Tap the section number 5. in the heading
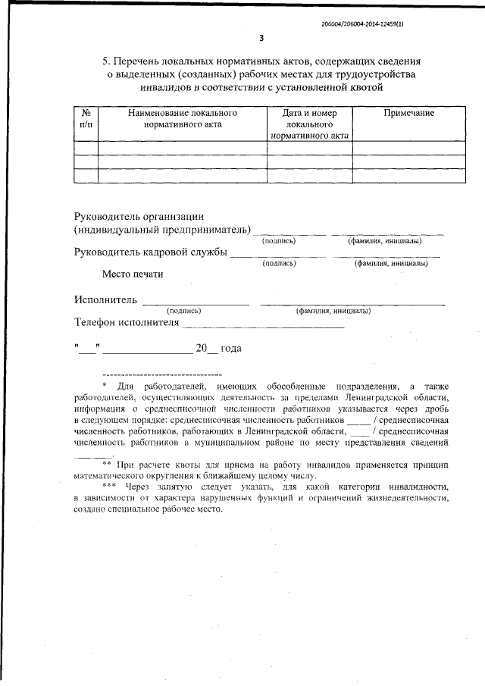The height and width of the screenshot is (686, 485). coord(107,60)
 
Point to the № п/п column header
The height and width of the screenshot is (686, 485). coord(86,118)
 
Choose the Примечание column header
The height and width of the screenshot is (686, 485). coord(408,113)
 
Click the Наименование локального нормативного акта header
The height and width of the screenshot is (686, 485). coord(183,118)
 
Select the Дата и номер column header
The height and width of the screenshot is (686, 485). coord(309,113)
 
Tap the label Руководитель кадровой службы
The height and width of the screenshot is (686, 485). coord(151,252)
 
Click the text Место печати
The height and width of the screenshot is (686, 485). coord(133,274)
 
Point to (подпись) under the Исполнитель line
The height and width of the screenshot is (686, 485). coord(183,311)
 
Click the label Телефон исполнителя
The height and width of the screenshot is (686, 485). coord(127,321)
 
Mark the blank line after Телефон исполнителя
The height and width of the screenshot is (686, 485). coord(263,326)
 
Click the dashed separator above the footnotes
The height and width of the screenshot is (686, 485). coord(161,375)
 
